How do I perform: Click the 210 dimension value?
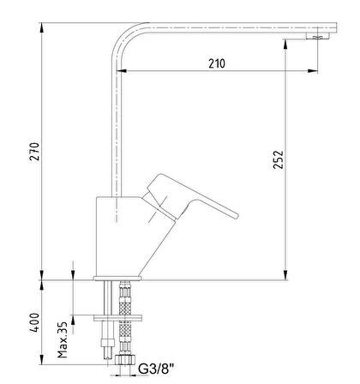(x=217, y=63)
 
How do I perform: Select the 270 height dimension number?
(x=35, y=152)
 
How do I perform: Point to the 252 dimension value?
(x=278, y=159)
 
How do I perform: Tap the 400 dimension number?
(x=34, y=322)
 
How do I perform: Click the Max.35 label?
(x=63, y=340)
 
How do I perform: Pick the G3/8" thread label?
(x=156, y=369)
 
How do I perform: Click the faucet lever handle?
(x=190, y=198)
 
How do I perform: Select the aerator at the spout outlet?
(x=318, y=36)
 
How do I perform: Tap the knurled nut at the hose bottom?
(x=125, y=359)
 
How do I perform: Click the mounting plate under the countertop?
(x=117, y=318)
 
